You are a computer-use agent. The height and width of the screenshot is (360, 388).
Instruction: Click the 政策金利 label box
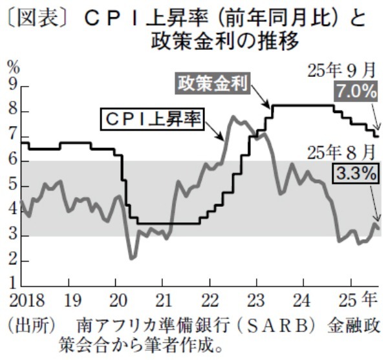point(212,83)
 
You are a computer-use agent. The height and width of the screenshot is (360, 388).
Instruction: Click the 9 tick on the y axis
point(11,86)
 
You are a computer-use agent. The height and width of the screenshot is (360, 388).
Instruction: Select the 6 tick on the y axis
point(11,161)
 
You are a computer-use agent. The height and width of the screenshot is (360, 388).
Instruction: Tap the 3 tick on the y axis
point(11,236)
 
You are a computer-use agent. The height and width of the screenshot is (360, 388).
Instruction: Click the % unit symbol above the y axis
point(13,67)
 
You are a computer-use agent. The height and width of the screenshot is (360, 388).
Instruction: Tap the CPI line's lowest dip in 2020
point(132,258)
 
